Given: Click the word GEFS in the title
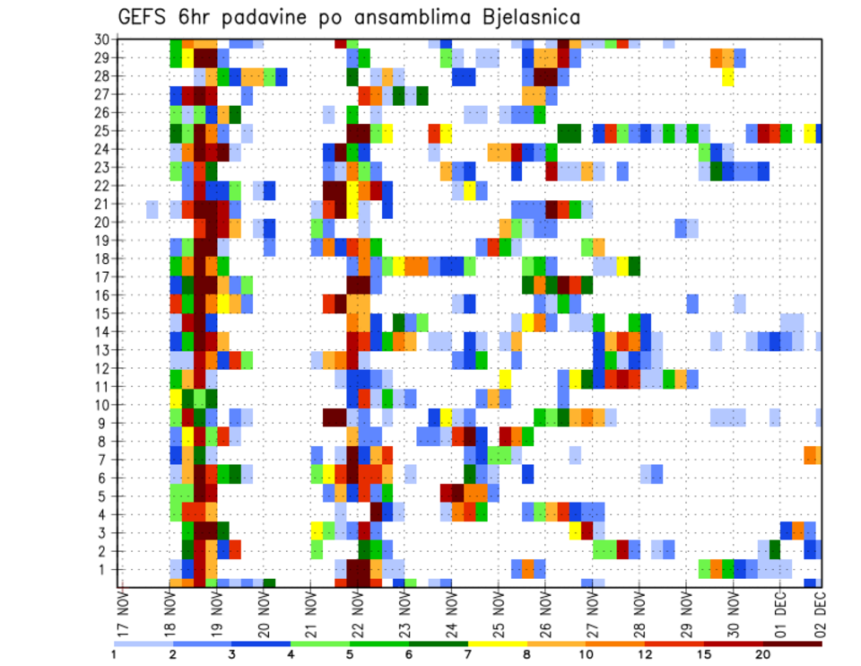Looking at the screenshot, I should pyautogui.click(x=145, y=17).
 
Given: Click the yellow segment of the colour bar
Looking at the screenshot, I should pyautogui.click(x=498, y=644).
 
